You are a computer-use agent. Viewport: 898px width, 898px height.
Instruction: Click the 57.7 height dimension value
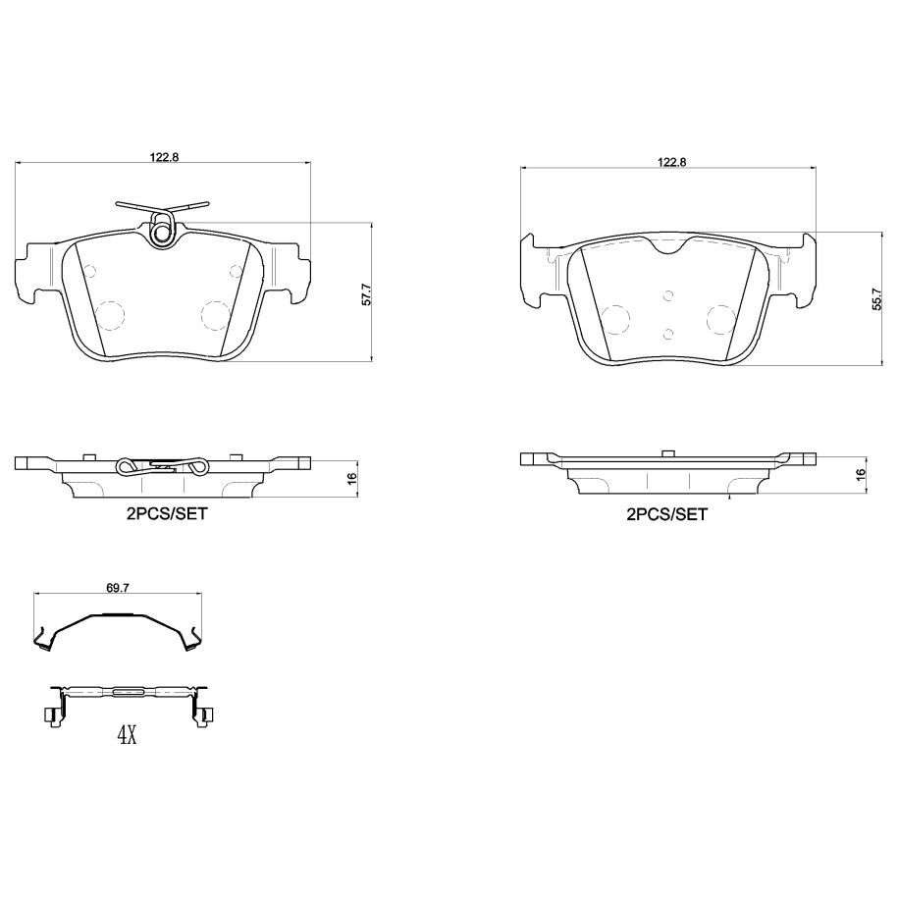(367, 293)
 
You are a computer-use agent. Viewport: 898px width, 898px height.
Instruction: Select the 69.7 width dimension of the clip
(118, 587)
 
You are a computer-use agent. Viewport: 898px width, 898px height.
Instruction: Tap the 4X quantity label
(128, 735)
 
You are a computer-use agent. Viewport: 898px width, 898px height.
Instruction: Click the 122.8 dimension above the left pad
(164, 157)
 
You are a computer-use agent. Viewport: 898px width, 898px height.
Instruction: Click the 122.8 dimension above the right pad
(671, 162)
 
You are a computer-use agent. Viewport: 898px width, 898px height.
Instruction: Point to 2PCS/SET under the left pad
(167, 513)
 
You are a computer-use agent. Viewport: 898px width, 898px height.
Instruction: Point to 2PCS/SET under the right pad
(667, 514)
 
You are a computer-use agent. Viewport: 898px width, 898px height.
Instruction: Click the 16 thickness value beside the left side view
(351, 477)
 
